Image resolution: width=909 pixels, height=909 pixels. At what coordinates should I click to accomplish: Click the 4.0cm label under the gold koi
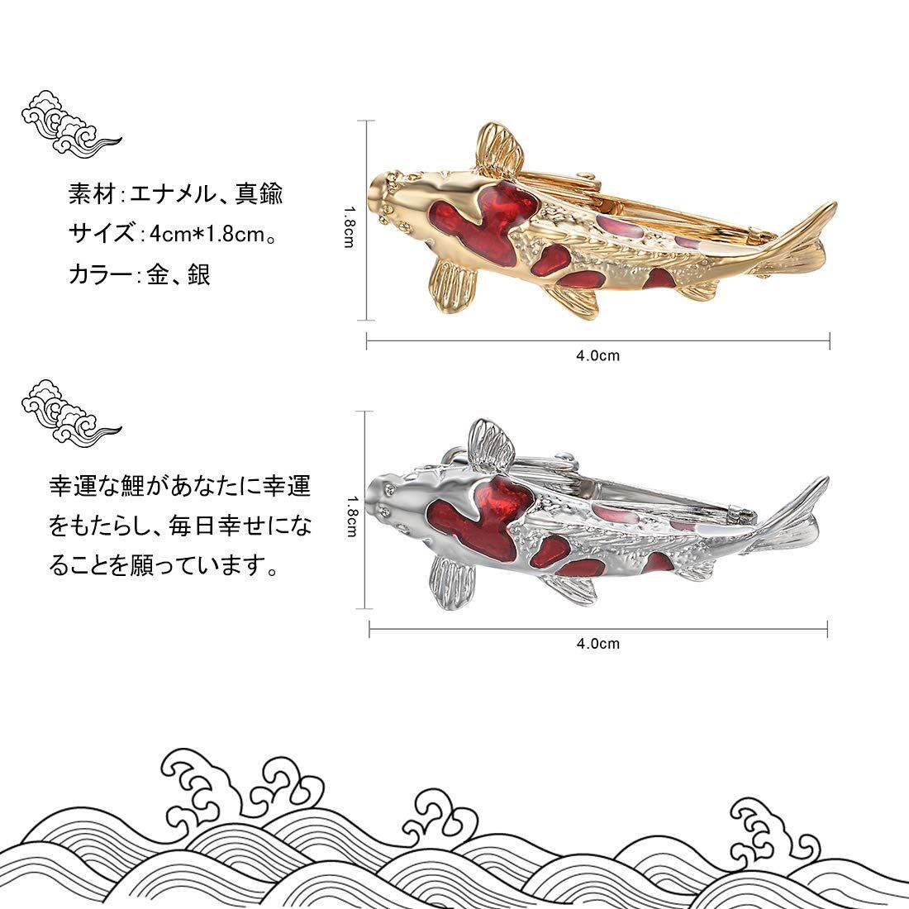point(597,355)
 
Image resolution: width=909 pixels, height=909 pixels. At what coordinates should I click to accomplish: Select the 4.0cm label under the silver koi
point(597,644)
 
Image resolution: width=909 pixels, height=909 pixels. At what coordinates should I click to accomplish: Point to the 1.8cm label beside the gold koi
point(350,227)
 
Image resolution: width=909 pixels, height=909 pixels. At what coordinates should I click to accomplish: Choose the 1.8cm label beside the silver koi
point(352,516)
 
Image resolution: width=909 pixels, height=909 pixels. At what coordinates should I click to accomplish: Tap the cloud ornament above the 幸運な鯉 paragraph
point(69,412)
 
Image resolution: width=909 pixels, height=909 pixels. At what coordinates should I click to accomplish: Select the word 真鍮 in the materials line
point(259,193)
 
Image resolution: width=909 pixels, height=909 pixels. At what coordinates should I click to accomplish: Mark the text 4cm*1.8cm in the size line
point(207,234)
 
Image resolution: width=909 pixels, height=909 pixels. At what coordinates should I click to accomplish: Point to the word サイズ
point(102,234)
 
